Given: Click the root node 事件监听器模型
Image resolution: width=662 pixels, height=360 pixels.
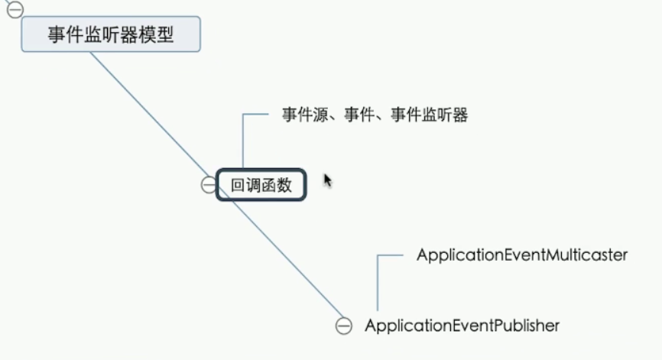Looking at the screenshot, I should point(111,35).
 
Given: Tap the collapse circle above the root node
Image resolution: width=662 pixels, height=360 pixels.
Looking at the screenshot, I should point(15,9).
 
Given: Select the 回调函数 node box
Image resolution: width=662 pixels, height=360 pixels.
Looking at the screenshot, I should point(261,185).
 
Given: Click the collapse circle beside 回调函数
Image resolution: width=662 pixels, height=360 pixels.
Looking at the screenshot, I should point(209,184).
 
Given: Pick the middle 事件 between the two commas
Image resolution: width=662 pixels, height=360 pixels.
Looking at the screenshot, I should point(360,116).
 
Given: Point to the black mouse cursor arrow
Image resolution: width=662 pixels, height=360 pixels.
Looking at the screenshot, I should point(327,180).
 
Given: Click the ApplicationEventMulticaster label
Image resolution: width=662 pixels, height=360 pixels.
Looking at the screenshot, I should point(521,255).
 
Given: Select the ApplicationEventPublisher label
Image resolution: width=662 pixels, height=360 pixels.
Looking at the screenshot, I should point(462,326).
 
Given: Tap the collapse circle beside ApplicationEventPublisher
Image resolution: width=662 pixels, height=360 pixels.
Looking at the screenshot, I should point(344,326).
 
